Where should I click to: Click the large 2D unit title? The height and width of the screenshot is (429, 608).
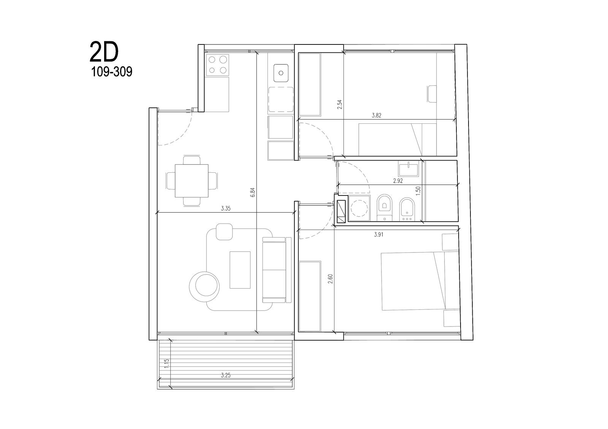click(x=104, y=52)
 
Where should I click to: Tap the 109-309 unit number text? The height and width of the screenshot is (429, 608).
click(x=112, y=72)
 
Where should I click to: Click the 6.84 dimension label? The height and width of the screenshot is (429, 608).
click(x=253, y=192)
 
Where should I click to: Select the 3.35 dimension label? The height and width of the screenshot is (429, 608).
click(x=226, y=208)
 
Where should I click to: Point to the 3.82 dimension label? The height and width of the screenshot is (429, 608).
click(x=377, y=115)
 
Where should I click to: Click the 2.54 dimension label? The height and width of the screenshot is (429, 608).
click(x=340, y=104)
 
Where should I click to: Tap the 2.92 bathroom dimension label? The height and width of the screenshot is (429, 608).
click(x=398, y=181)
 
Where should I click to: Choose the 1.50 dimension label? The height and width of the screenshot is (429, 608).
click(x=418, y=191)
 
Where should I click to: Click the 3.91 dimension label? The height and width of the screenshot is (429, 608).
click(x=378, y=235)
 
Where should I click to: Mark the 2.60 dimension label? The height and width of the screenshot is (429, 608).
click(x=330, y=279)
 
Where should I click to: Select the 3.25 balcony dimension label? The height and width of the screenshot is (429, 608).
click(x=226, y=375)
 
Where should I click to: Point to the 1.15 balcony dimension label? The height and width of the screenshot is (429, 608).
click(x=167, y=364)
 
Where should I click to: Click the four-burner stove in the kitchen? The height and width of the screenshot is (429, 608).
click(x=217, y=65)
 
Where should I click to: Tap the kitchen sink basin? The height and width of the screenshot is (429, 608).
click(x=281, y=73)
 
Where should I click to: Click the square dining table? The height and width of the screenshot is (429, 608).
click(x=192, y=181)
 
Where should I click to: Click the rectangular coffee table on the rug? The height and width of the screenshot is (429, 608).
click(x=240, y=270)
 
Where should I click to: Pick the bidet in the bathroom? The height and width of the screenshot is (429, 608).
click(x=407, y=209)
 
